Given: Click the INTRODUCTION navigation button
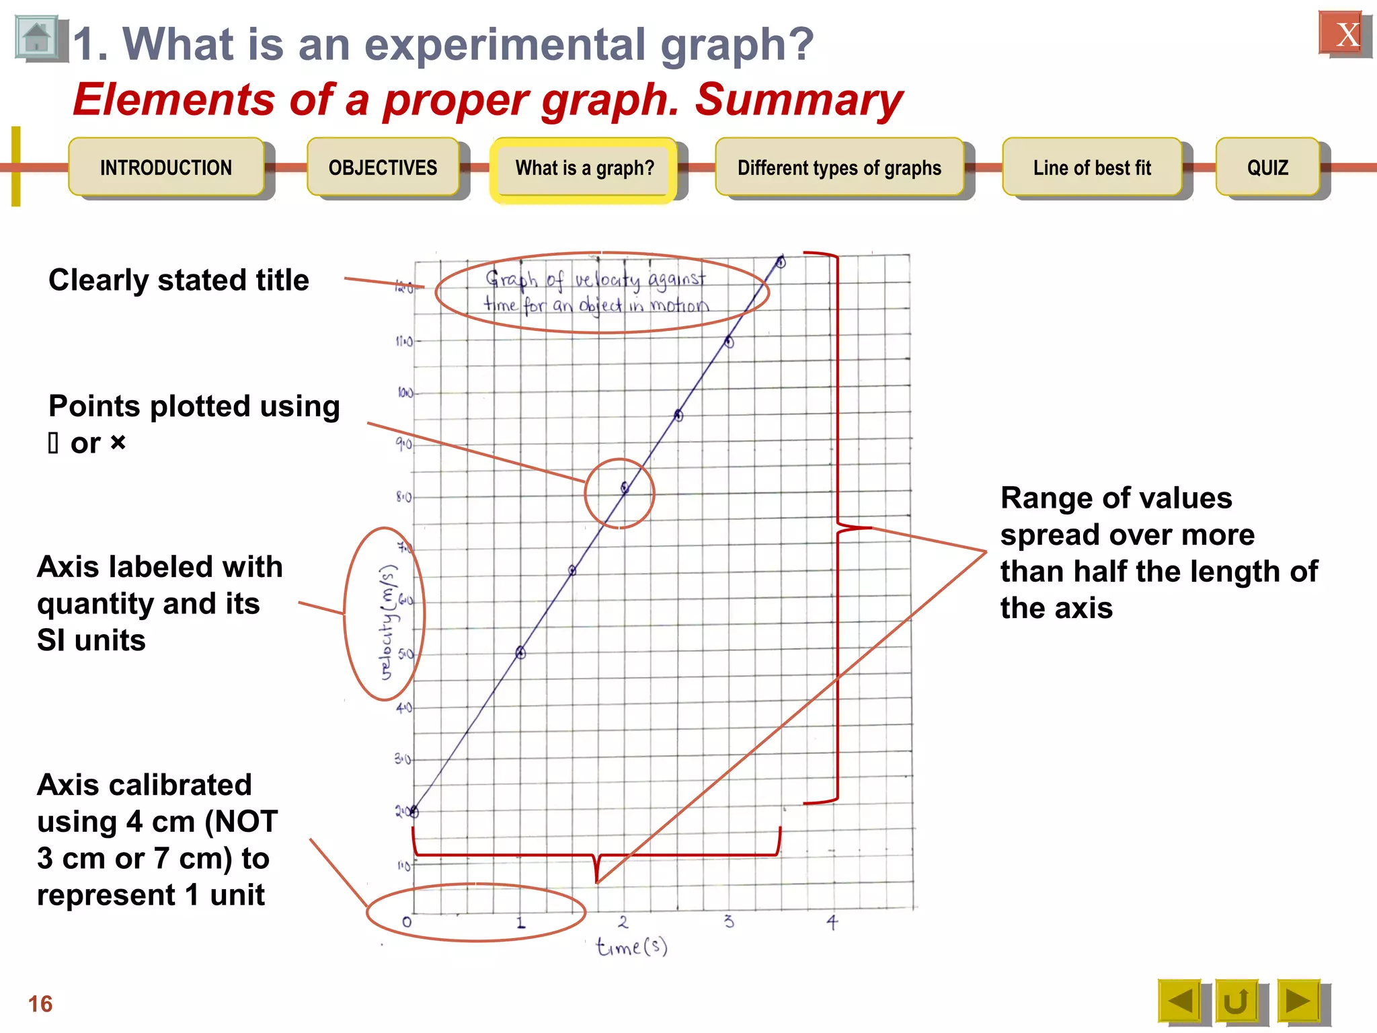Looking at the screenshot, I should [166, 167].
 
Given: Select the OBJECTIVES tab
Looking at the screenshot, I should [383, 167].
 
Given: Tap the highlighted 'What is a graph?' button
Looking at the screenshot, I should [584, 167].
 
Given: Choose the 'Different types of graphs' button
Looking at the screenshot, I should [839, 167].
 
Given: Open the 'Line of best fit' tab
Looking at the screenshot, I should [1092, 167].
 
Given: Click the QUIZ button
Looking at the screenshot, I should [1267, 167].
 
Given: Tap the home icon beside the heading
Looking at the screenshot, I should [37, 38].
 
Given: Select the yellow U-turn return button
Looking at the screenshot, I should [1236, 1001].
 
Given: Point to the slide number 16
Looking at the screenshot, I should [40, 1003].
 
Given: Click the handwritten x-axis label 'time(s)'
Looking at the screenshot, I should [631, 947].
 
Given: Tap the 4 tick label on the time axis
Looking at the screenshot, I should [832, 921].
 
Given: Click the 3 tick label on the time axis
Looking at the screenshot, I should [729, 921].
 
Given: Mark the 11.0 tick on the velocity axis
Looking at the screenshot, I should [404, 342].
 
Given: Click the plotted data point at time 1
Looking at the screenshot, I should [520, 652].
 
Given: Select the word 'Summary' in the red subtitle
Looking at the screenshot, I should [799, 100].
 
